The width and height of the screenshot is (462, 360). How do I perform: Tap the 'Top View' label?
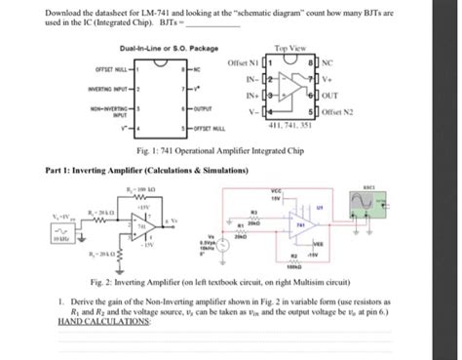pyautogui.click(x=293, y=47)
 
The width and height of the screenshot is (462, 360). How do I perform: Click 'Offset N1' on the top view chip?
pyautogui.click(x=245, y=63)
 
